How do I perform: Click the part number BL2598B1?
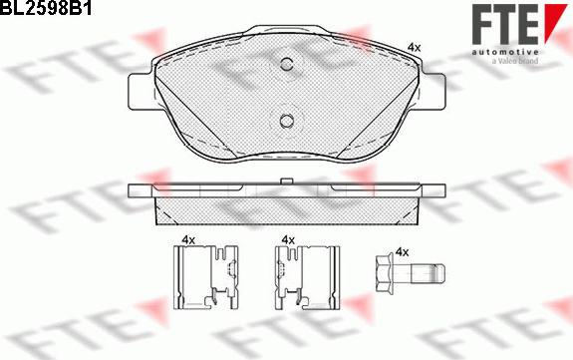point(46,8)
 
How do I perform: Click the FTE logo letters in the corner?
point(504,24)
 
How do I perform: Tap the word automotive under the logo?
point(504,52)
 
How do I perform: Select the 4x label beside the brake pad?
point(415,48)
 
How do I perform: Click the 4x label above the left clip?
point(188,240)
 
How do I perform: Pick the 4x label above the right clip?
point(288,240)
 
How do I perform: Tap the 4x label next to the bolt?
point(402,252)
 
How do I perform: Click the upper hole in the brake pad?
point(287,64)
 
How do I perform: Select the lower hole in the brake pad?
point(287,121)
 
